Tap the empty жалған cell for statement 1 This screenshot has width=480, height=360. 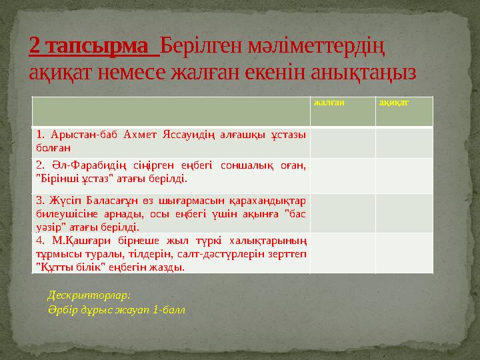pyautogui.click(x=341, y=141)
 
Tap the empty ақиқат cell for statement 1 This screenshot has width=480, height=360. pyautogui.click(x=404, y=141)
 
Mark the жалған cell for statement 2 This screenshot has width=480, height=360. pyautogui.click(x=341, y=173)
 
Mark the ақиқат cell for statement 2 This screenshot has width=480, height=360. pyautogui.click(x=404, y=173)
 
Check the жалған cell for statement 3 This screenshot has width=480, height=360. pyautogui.click(x=341, y=212)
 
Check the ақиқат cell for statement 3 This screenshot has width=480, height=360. pyautogui.click(x=404, y=212)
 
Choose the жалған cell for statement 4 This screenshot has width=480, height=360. pyautogui.click(x=341, y=253)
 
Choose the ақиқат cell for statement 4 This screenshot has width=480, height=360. pyautogui.click(x=404, y=253)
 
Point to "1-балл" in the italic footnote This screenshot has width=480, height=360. pyautogui.click(x=169, y=310)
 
